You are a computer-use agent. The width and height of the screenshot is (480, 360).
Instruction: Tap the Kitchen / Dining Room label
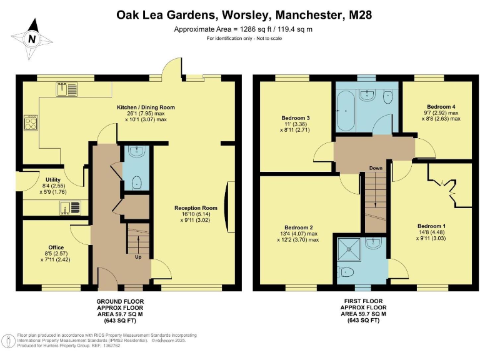[x=146, y=107]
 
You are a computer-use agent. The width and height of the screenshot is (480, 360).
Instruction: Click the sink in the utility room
[x=68, y=207]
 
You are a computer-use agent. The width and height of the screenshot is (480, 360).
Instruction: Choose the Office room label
[x=56, y=247]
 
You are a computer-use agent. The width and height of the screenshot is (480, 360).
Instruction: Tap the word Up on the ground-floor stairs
[x=137, y=256]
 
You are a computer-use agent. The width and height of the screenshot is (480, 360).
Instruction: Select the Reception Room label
[x=195, y=208]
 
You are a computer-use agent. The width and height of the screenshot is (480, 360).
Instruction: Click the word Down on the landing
[x=376, y=168]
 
